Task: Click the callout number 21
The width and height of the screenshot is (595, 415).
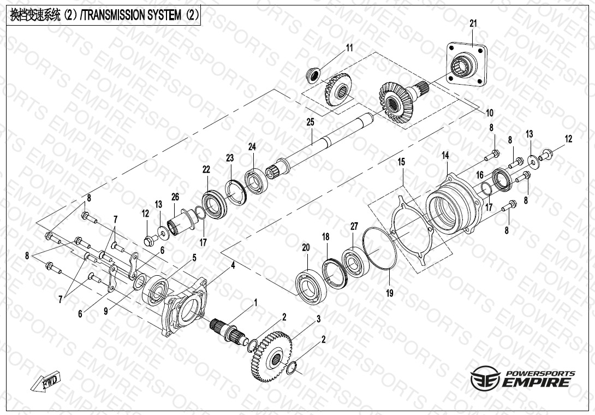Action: (473, 23)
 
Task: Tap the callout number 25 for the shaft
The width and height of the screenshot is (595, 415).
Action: (311, 122)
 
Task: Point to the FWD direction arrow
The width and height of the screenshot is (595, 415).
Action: (46, 381)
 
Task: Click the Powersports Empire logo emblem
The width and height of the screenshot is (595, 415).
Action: (485, 378)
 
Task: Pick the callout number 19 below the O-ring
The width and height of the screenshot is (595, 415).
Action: (390, 293)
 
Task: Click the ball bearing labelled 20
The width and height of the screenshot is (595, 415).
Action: (311, 287)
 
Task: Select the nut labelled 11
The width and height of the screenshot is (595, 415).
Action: (313, 75)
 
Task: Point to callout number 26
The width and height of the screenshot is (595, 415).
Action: (175, 197)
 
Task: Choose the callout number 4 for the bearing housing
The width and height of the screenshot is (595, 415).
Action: (233, 265)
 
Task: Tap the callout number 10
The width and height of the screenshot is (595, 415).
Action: (490, 113)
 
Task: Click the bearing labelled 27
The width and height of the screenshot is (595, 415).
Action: (355, 262)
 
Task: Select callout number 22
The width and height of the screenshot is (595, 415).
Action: (206, 169)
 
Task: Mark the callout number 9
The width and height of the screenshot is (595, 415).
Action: (106, 311)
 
